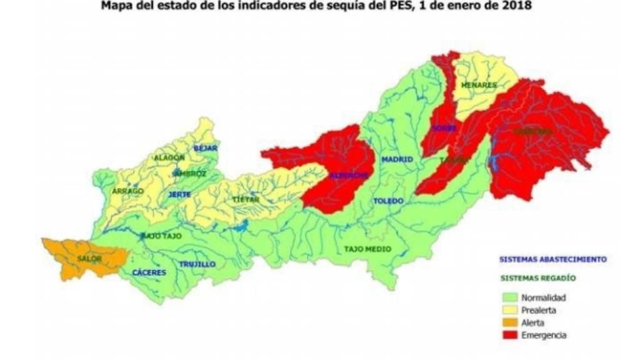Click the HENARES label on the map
coord(479,85)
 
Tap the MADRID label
coord(397,159)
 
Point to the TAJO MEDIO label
coord(367,249)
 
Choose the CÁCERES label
coord(149,273)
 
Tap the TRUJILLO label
coord(197,264)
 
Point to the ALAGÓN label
coord(170,157)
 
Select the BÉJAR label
coord(205,148)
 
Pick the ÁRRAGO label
coord(129,191)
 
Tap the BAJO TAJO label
coord(160,235)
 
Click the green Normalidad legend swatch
coord(510,297)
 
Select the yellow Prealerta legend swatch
coord(510,310)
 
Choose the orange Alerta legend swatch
coord(510,323)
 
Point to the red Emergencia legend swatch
coord(510,336)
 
